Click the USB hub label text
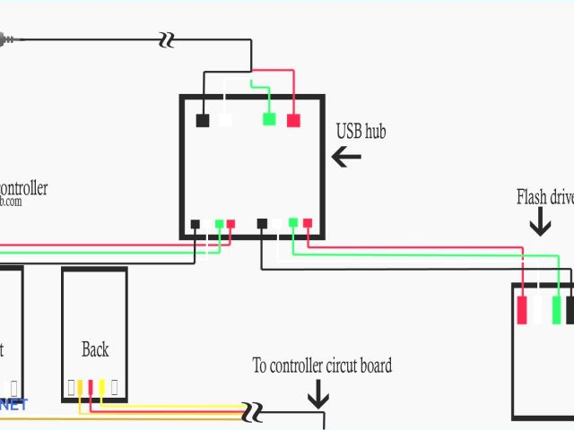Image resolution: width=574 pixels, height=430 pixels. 361,131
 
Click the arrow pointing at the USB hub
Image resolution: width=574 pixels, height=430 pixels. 346,157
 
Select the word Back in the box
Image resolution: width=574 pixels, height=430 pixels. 95,349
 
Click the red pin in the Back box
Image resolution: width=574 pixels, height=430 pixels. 91,388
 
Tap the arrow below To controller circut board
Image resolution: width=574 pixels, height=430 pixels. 317,393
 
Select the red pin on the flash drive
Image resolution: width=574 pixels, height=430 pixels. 522,310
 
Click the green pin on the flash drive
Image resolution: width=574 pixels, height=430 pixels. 556,310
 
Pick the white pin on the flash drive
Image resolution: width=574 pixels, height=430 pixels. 539,310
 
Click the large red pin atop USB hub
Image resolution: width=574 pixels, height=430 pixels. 293,120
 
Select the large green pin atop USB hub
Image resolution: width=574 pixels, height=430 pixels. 269,119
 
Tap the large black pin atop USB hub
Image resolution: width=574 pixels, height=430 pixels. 203,120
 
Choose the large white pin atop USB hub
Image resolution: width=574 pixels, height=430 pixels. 225,119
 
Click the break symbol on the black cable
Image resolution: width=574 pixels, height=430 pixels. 166,39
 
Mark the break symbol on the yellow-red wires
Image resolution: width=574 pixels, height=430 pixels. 254,412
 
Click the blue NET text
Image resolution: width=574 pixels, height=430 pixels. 13,405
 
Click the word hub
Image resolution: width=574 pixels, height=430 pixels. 375,131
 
